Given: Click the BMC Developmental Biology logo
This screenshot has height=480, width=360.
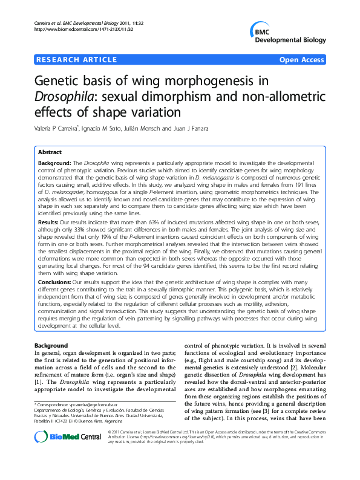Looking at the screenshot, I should [287, 35].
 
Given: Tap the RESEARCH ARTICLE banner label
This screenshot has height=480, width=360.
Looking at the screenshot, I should [76, 59].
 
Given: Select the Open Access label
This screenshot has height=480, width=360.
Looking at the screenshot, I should [301, 59].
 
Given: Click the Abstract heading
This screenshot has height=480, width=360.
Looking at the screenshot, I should [51, 153].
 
